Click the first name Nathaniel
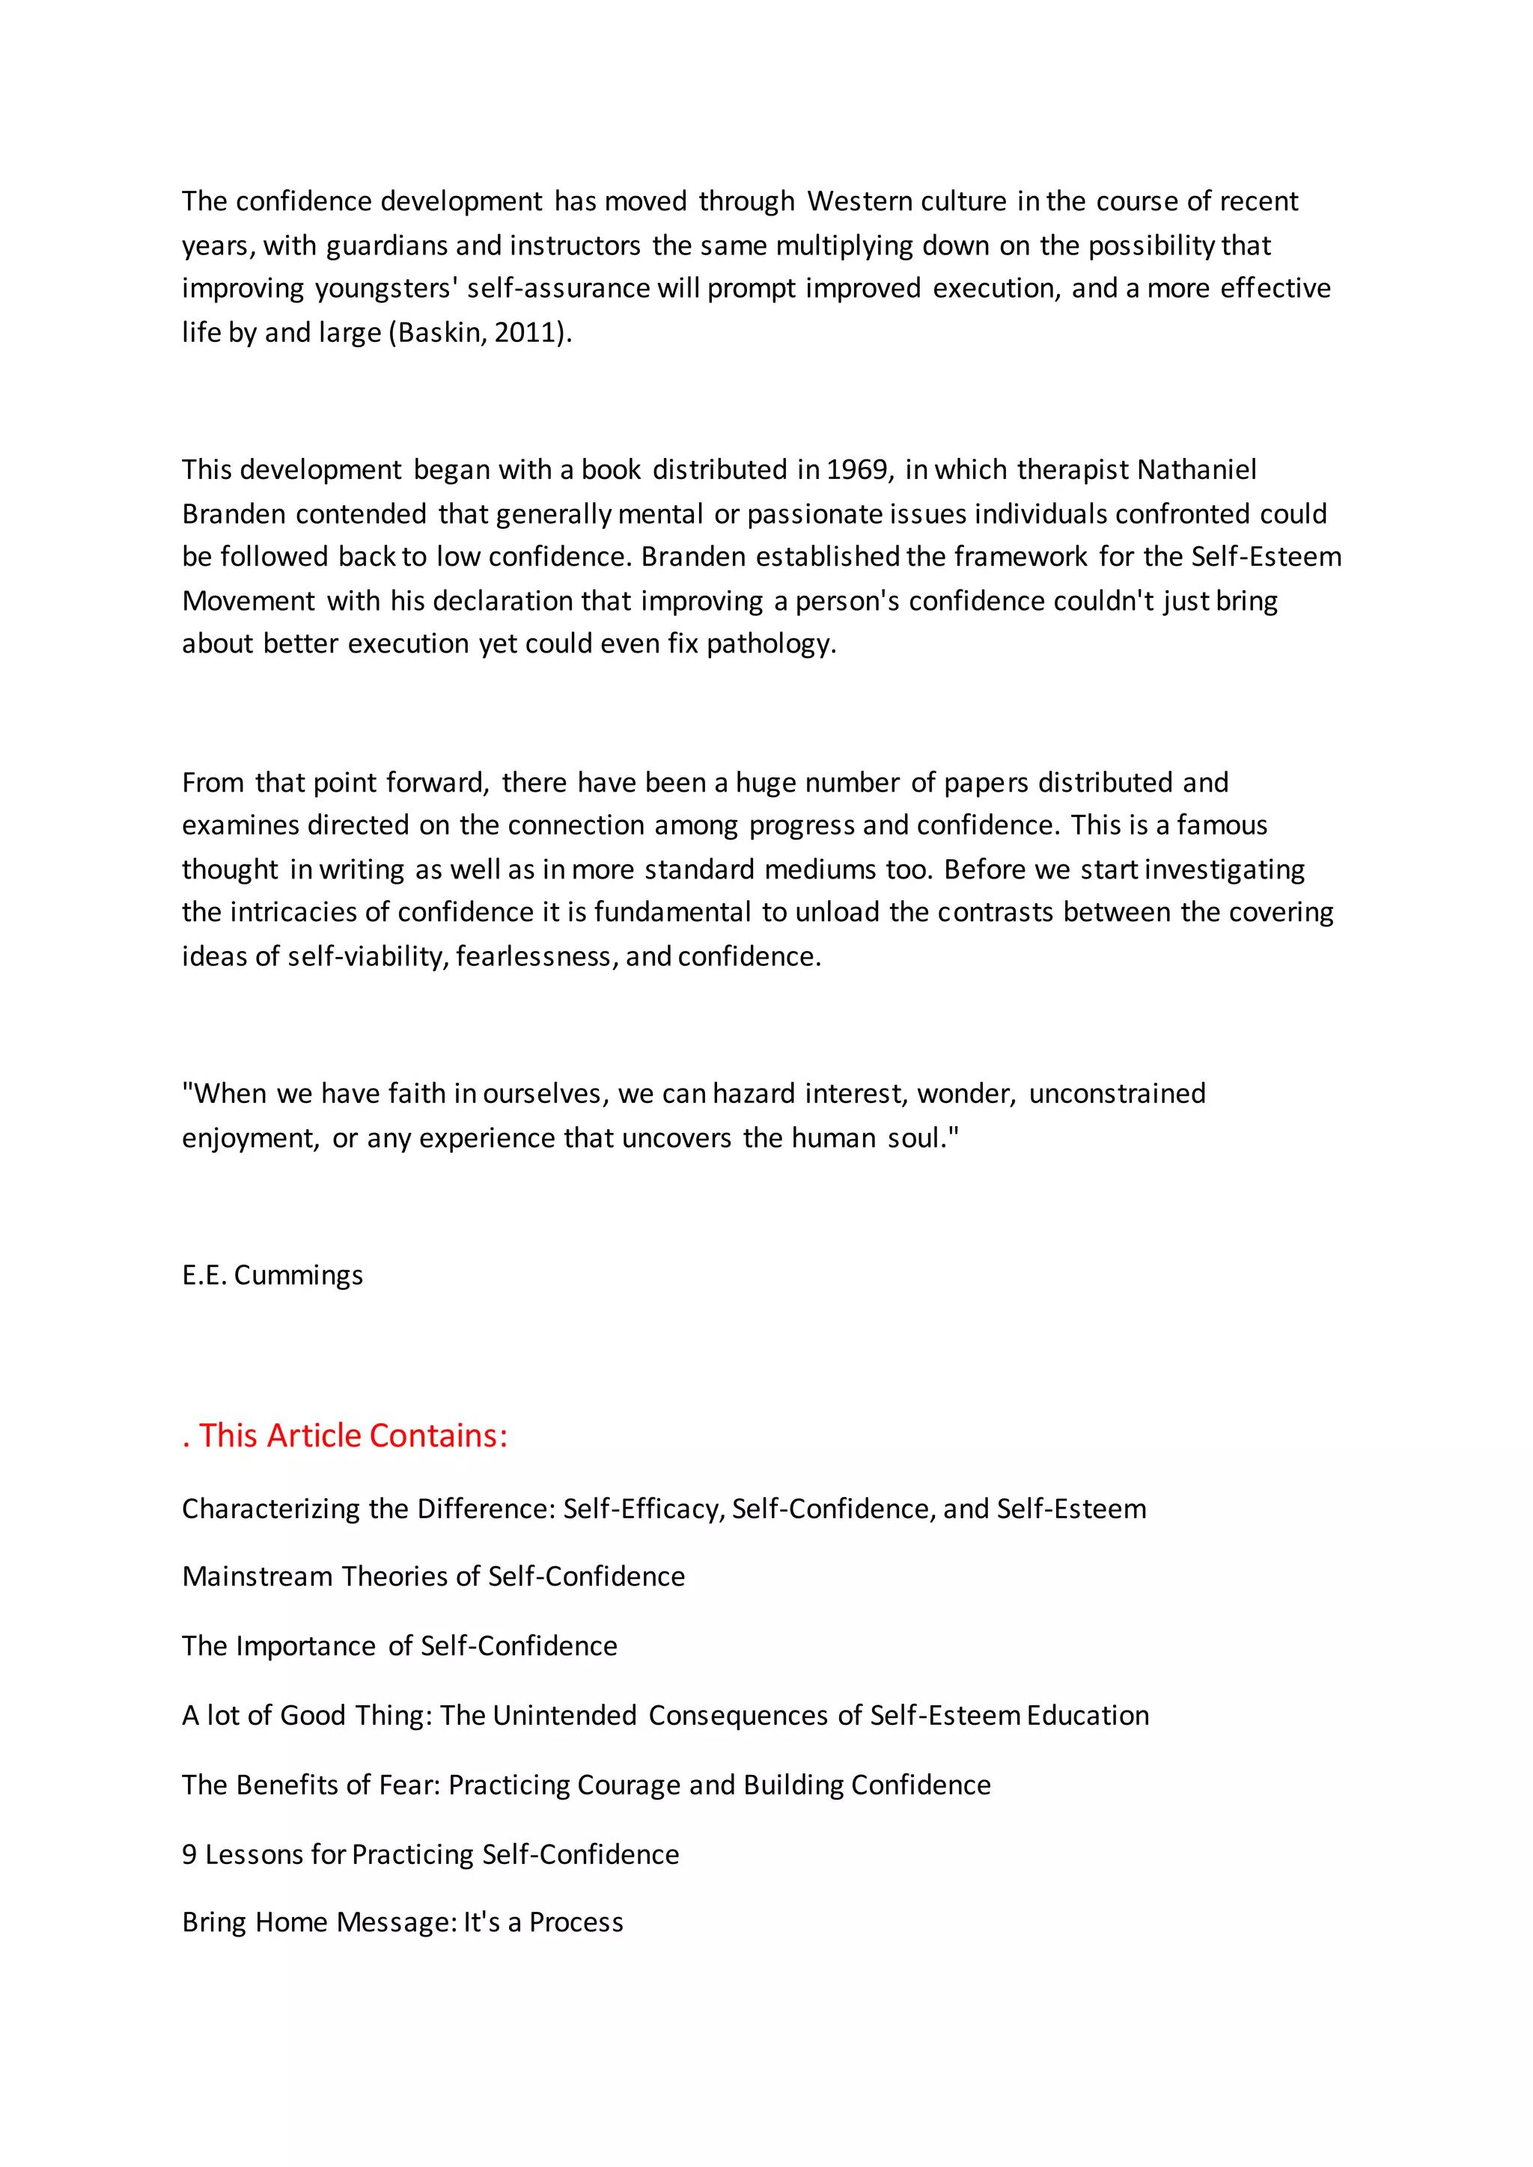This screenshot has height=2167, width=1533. tap(1197, 469)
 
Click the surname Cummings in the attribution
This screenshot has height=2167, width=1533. tap(299, 1275)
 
